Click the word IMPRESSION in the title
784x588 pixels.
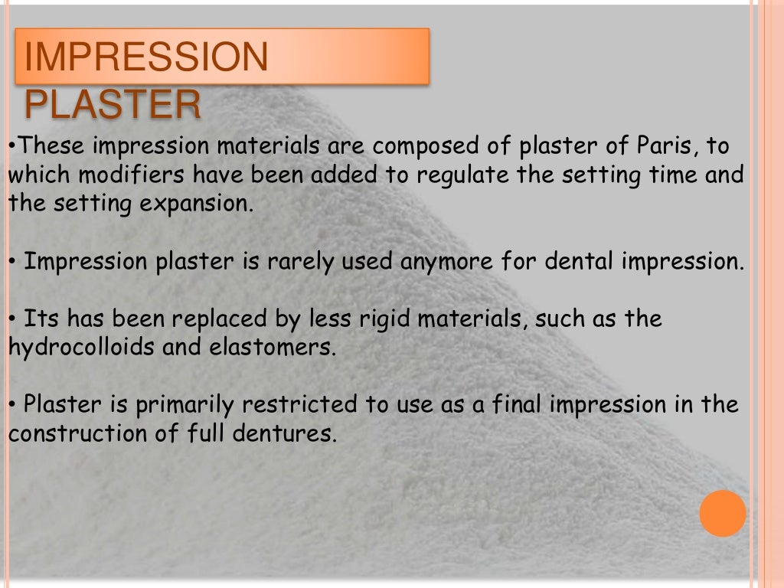click(146, 58)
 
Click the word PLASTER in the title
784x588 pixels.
click(113, 105)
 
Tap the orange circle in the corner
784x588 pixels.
click(722, 513)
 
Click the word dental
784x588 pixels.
click(580, 261)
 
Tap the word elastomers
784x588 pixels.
click(273, 347)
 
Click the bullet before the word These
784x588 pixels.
click(11, 145)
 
